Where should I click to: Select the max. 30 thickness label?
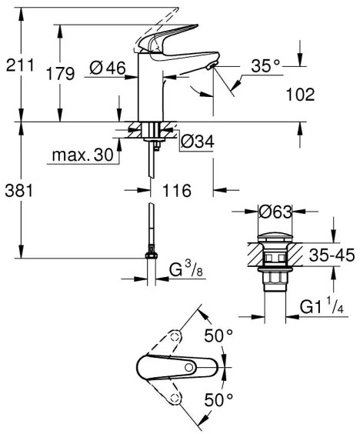[82, 155]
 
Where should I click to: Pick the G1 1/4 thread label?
[322, 309]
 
